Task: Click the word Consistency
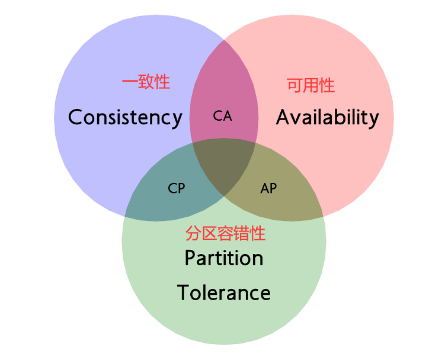click(x=125, y=117)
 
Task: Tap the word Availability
click(x=327, y=117)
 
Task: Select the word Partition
click(x=224, y=258)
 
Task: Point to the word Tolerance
click(x=224, y=292)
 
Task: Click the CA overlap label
click(x=222, y=117)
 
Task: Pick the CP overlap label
click(x=177, y=188)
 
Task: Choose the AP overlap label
click(x=268, y=188)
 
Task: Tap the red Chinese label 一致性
click(x=146, y=82)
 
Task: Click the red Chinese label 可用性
click(x=311, y=86)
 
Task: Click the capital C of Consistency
click(x=75, y=117)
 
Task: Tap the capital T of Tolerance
click(x=183, y=292)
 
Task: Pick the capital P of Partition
click(x=190, y=258)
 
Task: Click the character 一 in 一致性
click(x=130, y=82)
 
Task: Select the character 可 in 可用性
click(x=295, y=86)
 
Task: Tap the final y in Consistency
click(x=177, y=120)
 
